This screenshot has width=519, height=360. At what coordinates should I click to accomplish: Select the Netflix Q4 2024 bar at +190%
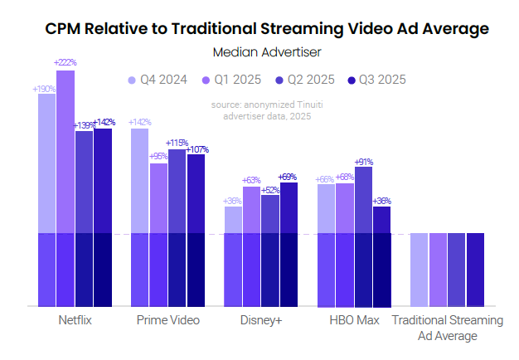click(47, 200)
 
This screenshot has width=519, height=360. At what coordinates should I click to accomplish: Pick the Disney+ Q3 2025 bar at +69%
click(289, 245)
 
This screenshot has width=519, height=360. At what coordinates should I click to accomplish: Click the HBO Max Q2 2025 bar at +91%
click(363, 236)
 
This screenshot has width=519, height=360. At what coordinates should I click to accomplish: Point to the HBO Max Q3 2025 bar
click(381, 256)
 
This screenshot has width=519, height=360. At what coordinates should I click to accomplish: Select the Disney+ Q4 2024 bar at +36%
click(234, 256)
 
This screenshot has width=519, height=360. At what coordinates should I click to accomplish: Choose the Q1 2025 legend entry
click(228, 80)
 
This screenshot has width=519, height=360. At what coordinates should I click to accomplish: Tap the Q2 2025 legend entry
click(302, 80)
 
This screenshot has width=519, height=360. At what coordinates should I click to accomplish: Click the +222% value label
click(65, 63)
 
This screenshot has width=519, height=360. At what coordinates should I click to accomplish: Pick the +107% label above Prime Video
click(197, 150)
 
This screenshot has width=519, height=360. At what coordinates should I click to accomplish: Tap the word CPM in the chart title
click(62, 29)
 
